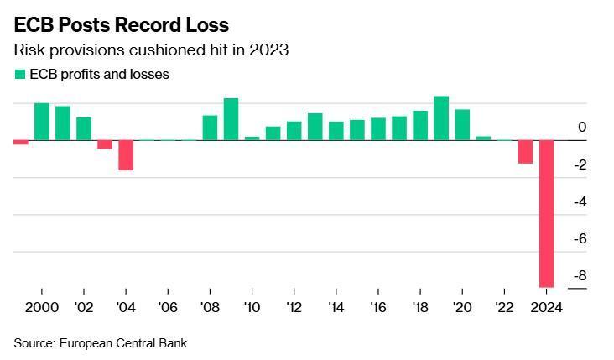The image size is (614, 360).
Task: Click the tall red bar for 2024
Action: coord(546,214)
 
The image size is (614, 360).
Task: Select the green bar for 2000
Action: coord(42,122)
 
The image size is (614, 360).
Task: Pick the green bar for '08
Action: coord(210,128)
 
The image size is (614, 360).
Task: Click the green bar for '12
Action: coord(294,131)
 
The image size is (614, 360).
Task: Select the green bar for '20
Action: coord(462,125)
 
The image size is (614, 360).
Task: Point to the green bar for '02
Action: coord(84,128)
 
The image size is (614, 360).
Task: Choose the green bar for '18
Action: coord(420,126)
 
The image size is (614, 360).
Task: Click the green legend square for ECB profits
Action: coord(20,75)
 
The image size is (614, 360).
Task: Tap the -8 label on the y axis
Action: coord(579,276)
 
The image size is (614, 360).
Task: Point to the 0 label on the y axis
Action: coord(582,128)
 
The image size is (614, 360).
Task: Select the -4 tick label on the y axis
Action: coord(579,202)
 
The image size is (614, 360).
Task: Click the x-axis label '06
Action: coord(168,307)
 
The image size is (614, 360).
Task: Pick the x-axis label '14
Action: coord(336,307)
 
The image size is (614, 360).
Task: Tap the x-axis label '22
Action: coord(504,307)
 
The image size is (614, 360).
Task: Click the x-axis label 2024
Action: coord(546,307)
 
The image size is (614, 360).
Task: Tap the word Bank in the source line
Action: coord(173,342)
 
